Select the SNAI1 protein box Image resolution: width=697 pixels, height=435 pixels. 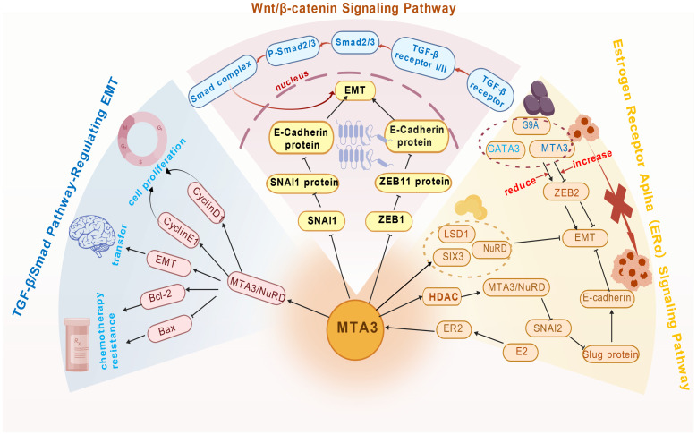click(304, 182)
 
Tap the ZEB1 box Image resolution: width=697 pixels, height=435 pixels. click(388, 220)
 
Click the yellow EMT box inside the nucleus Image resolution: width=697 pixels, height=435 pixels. click(354, 90)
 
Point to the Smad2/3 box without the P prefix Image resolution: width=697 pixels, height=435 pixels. click(355, 42)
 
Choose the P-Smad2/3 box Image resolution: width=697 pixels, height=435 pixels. click(293, 50)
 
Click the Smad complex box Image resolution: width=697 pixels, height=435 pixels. click(221, 81)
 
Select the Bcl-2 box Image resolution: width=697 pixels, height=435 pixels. click(162, 296)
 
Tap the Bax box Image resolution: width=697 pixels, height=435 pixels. click(168, 329)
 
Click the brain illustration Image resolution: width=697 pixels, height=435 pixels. click(92, 235)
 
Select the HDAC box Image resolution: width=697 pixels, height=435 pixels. click(443, 296)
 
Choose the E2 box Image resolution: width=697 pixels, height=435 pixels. click(521, 353)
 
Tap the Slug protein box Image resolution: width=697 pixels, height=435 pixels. click(611, 354)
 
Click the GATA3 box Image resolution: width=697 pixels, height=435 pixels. click(503, 149)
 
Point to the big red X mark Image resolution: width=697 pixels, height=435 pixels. click(618, 203)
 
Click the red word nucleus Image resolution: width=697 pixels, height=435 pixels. click(292, 81)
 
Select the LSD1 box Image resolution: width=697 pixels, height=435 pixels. click(456, 235)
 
